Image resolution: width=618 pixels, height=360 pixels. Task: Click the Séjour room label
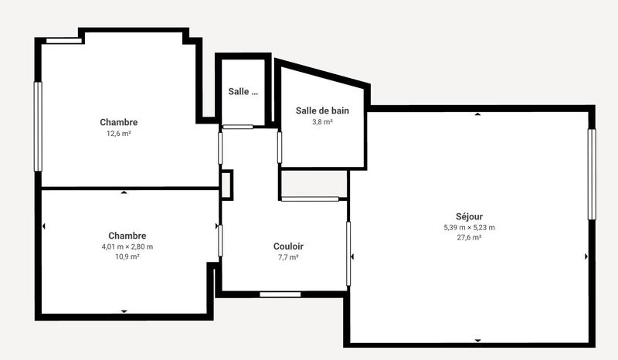point(469,216)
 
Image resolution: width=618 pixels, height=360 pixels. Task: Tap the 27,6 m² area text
point(469,238)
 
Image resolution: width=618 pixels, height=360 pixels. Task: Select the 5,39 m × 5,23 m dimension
point(469,227)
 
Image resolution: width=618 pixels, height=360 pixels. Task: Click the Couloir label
point(288,246)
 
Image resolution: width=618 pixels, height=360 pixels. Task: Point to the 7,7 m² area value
point(288,257)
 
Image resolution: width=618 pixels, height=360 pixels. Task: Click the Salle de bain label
point(322,110)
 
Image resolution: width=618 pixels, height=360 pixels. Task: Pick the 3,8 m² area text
point(322,122)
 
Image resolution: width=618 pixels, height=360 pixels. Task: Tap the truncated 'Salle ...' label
point(243,91)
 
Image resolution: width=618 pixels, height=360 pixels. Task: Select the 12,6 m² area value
point(118,134)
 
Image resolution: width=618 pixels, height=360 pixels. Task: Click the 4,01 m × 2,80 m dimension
point(127,246)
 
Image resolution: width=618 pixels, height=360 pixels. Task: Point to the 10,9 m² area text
point(127,257)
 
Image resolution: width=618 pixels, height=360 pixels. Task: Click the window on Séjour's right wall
point(592,175)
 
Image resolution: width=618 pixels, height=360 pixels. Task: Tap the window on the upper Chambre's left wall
point(38,127)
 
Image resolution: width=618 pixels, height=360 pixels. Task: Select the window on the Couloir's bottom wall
point(280,294)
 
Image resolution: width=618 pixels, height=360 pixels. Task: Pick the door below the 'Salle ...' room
point(238,127)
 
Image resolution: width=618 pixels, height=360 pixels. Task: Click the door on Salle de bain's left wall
point(280,148)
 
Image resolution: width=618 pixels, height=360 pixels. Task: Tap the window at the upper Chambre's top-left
point(64,40)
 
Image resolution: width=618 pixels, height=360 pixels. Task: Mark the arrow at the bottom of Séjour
point(477,341)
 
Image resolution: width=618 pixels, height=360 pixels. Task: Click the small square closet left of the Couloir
point(226,185)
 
